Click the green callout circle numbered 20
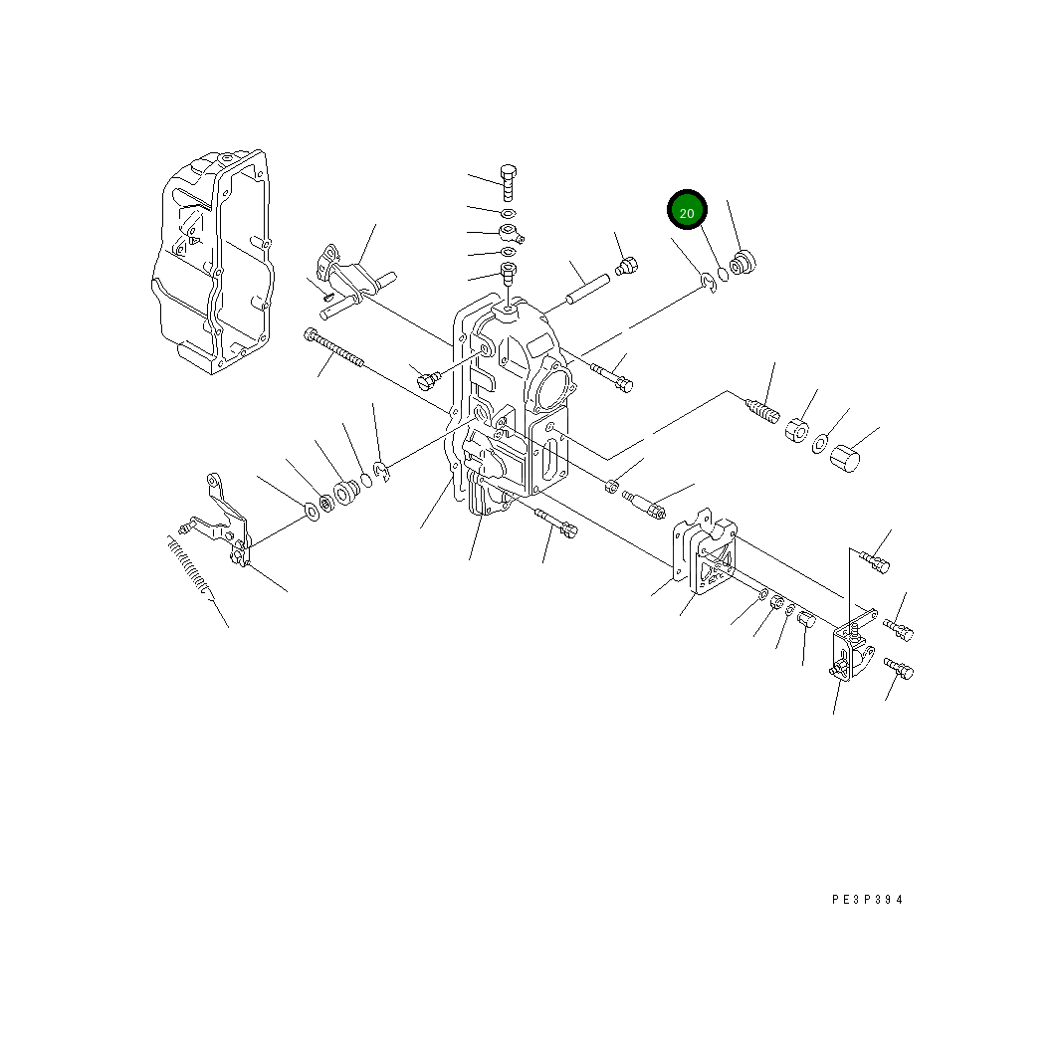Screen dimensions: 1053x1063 pyautogui.click(x=687, y=211)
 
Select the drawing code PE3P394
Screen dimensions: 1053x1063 pyautogui.click(x=867, y=900)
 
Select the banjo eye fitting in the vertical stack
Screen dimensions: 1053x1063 pyautogui.click(x=510, y=234)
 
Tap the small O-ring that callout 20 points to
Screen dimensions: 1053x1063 pyautogui.click(x=724, y=275)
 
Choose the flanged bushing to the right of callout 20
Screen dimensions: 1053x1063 pyautogui.click(x=743, y=265)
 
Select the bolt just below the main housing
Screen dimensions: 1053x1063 pyautogui.click(x=555, y=522)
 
